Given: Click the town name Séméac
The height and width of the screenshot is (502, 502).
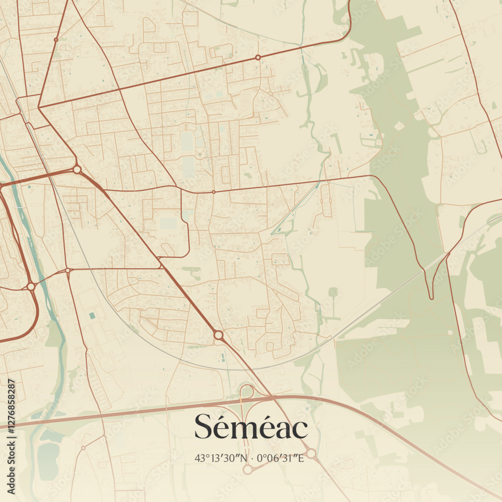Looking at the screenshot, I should [251, 428].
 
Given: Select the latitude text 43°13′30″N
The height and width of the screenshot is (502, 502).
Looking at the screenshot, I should [222, 458].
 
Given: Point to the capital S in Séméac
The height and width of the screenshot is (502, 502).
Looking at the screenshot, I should [204, 428].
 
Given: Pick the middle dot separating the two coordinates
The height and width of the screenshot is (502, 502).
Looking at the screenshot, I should [252, 458].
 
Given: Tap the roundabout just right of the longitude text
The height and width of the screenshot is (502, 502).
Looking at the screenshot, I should [311, 453].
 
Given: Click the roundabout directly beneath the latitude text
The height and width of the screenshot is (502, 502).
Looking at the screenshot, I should [247, 469].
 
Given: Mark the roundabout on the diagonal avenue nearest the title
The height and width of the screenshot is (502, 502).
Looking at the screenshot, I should [218, 334].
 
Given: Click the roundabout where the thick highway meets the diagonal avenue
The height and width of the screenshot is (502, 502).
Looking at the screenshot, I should [77, 170].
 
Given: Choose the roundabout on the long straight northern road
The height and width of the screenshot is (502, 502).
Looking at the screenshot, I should [258, 58].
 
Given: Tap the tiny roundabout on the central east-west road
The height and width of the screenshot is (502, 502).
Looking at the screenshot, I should [214, 192].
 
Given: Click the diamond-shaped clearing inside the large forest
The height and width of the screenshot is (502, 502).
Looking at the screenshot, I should [400, 125].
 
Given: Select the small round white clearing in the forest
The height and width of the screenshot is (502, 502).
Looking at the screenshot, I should [450, 332].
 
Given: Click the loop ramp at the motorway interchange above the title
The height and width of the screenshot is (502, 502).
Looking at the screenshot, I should [246, 392].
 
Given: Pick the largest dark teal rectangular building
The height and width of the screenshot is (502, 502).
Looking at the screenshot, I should [92, 315].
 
